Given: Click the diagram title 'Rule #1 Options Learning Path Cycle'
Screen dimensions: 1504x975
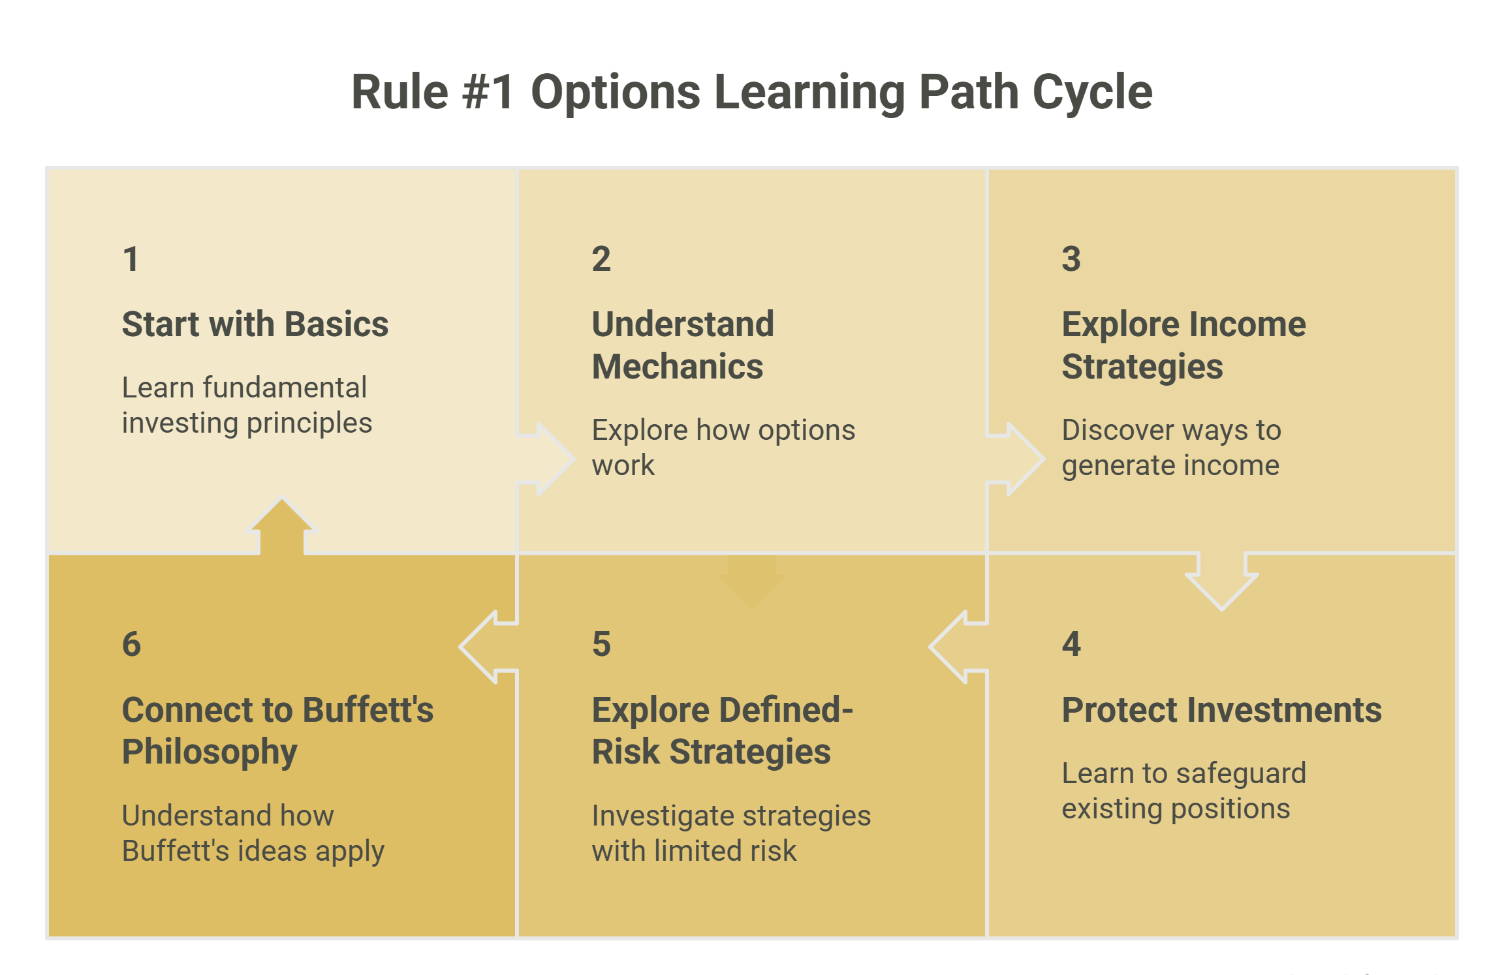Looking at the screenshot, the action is pos(752,92).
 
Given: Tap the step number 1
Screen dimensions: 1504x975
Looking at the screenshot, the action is pos(131,259).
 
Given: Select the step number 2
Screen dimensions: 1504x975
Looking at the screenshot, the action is pos(601,259).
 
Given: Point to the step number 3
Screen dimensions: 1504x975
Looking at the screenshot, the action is pos(1071,259).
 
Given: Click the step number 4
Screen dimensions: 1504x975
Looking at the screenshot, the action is pos(1071,644).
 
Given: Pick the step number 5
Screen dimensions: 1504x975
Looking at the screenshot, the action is pos(601,644).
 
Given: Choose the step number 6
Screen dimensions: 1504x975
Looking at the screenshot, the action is pos(131,644).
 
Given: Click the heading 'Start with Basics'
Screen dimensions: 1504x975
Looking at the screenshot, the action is pos(255,324).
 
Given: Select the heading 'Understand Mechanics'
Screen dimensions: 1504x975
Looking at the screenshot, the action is pos(683,345).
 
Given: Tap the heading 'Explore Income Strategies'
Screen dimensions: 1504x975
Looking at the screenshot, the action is pos(1183,345).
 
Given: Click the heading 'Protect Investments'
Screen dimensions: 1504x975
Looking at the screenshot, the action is pos(1221,709).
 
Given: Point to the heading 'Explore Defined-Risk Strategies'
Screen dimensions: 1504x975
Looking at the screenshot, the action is pos(722,730).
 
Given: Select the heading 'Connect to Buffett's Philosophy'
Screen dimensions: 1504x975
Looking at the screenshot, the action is pos(277,730).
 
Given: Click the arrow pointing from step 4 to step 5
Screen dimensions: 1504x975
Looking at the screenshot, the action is pos(958,647).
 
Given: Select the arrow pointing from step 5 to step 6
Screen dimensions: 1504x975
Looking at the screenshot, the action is pos(488,647).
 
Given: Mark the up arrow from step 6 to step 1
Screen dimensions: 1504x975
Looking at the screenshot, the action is pos(282,526).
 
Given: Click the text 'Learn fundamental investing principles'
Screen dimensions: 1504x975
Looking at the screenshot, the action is pos(247,405).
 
